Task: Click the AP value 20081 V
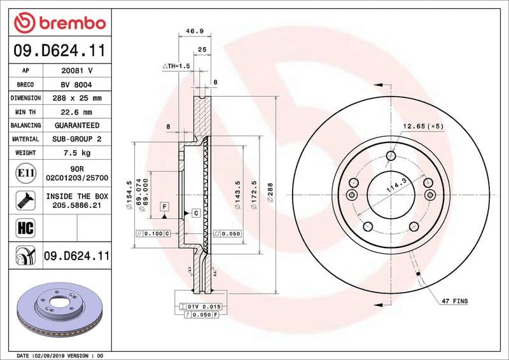click(x=77, y=71)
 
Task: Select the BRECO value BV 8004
click(x=77, y=85)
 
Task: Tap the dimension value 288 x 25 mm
click(x=77, y=99)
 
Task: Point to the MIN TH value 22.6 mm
click(x=77, y=112)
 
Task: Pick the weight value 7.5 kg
click(x=77, y=153)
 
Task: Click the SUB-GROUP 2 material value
click(x=77, y=139)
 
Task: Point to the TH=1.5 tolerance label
click(x=176, y=66)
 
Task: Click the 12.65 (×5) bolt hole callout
click(x=422, y=127)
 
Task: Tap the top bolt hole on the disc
click(x=391, y=156)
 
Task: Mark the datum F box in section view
click(x=164, y=207)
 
